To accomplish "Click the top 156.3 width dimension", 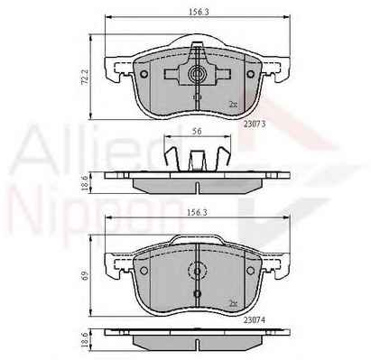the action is pyautogui.click(x=197, y=12).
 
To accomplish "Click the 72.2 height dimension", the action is pyautogui.click(x=85, y=78).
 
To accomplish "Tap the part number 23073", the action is pyautogui.click(x=255, y=124).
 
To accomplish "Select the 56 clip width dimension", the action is pyautogui.click(x=197, y=131).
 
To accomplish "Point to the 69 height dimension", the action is pyautogui.click(x=85, y=275).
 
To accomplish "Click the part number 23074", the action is pyautogui.click(x=255, y=320).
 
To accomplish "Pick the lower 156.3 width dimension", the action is pyautogui.click(x=197, y=212).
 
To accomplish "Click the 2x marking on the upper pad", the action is pyautogui.click(x=233, y=105).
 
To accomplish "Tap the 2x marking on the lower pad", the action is pyautogui.click(x=233, y=303).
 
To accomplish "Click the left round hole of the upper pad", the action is pyautogui.click(x=144, y=74).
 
